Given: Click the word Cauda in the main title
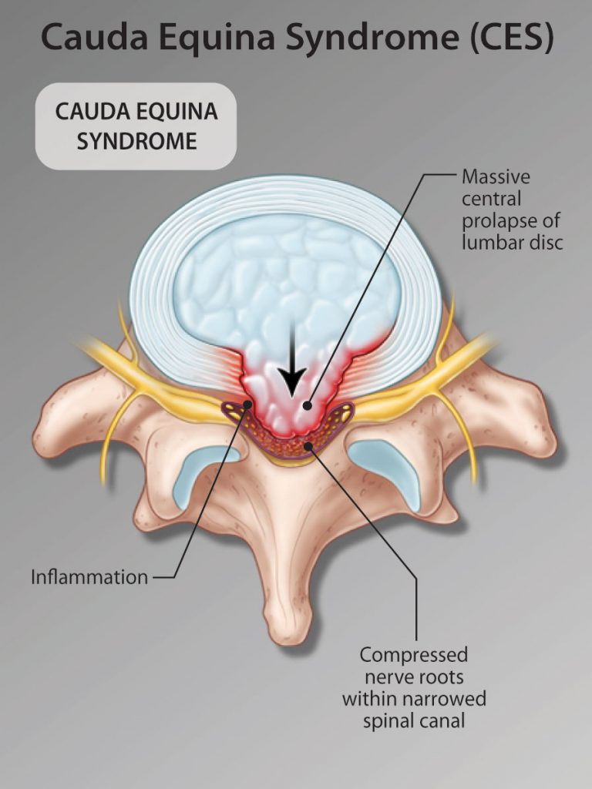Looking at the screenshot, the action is pos(94,37).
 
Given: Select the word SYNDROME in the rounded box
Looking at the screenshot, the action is pos(136,142).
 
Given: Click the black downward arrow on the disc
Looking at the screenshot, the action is pos(292,361).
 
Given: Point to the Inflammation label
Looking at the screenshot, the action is pos(89,577).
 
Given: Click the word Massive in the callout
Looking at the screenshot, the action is pos(496,176).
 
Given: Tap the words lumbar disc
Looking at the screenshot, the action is pos(512,243).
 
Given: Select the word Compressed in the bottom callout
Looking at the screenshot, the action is pos(413,655).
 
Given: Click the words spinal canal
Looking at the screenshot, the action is pos(413,721).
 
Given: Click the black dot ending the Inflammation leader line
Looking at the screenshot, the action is pos(247,404).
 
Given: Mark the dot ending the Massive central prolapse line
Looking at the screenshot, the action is pos(308,405).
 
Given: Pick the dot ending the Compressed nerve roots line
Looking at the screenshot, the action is pos(308,445).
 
